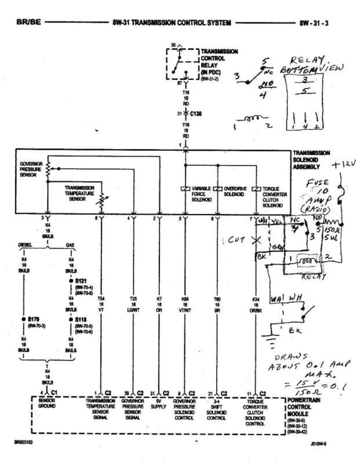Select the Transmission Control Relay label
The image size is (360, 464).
pyautogui.click(x=219, y=61)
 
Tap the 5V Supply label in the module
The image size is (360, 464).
pyautogui.click(x=158, y=403)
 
